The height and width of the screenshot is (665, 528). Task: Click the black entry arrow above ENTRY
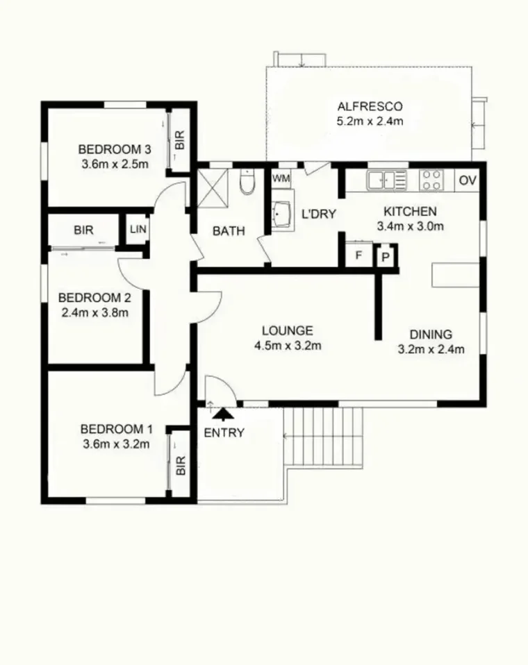click(223, 414)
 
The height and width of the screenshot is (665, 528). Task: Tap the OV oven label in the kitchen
click(468, 180)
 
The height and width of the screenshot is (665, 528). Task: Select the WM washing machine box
click(281, 178)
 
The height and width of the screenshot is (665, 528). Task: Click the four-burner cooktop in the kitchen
click(431, 180)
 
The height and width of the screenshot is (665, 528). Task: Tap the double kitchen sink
click(387, 180)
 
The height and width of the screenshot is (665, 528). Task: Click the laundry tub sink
click(283, 215)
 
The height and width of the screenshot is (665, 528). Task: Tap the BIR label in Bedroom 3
click(179, 142)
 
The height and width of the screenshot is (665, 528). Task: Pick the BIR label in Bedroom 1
click(181, 464)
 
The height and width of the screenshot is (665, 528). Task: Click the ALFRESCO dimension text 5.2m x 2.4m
click(370, 121)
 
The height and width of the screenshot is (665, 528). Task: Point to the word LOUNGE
click(287, 330)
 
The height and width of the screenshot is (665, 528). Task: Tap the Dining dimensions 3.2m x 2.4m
click(431, 349)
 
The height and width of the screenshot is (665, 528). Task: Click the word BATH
click(229, 231)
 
